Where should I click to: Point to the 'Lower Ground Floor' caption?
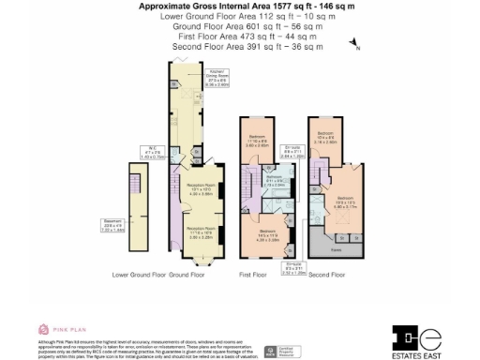tap(139, 275)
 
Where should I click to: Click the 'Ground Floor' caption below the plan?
tap(187, 275)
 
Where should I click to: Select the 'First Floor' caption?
tap(253, 275)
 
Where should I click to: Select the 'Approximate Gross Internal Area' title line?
tap(240, 7)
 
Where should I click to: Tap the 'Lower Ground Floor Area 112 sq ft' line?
tap(240, 16)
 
